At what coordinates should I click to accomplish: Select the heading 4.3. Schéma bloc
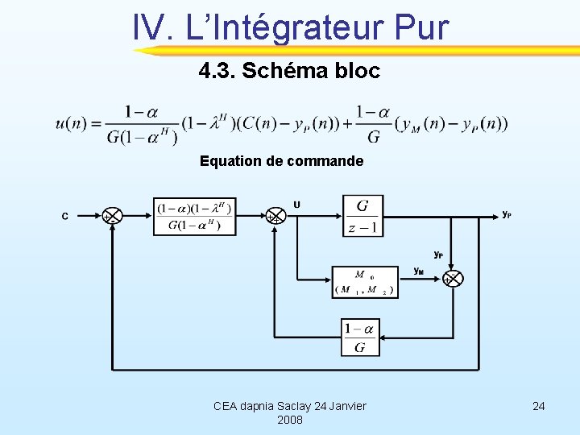point(289,71)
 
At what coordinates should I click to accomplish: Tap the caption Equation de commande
point(282,161)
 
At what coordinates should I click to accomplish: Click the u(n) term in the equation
point(73,124)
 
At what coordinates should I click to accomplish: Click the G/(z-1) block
point(362,216)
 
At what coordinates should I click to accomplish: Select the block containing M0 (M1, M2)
point(365,282)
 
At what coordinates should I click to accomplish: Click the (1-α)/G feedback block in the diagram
point(359,338)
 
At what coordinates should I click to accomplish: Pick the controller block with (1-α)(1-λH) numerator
point(194,216)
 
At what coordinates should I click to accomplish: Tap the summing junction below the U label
point(275,216)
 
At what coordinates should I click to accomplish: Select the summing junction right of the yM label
point(453,279)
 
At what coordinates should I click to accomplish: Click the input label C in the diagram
point(65,216)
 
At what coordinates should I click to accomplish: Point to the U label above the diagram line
point(297,205)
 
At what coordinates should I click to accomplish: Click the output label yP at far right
point(506,214)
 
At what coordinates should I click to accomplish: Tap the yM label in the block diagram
point(419,271)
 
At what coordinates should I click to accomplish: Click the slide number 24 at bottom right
point(539,406)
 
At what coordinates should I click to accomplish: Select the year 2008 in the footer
point(289,420)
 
